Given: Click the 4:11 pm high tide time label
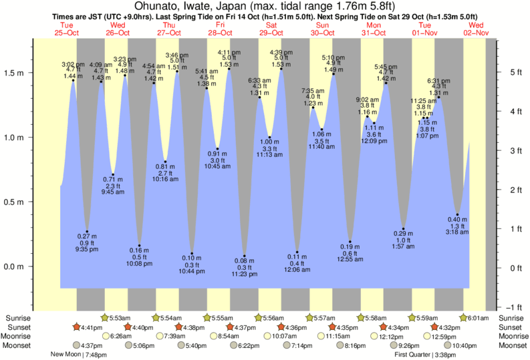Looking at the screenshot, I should [x=229, y=52].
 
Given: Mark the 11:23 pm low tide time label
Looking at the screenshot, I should [x=245, y=274].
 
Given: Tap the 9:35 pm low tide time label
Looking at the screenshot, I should [x=87, y=250].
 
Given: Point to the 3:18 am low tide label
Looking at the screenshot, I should [x=458, y=232].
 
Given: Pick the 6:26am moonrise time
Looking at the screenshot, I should [x=121, y=336].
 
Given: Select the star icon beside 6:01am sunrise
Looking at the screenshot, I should [x=463, y=317].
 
